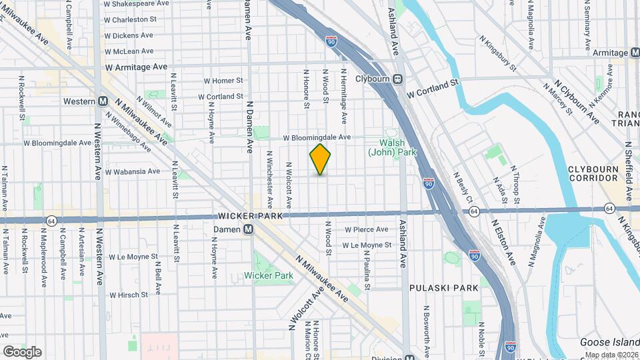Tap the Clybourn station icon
(x=398, y=78)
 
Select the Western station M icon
(x=103, y=101)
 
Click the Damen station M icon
(x=248, y=229)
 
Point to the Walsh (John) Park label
(x=397, y=147)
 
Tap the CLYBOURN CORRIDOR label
(x=593, y=173)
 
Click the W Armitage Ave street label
(x=136, y=67)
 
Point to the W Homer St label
(x=223, y=81)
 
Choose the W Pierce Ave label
(x=366, y=229)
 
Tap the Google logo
(x=22, y=351)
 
